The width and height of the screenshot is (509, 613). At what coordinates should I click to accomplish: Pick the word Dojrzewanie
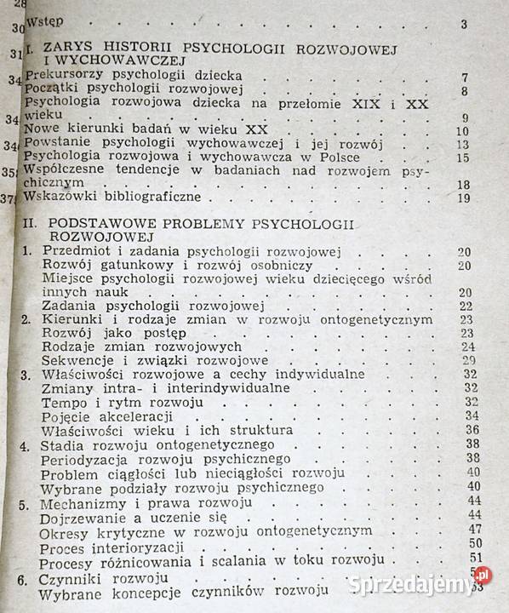89,515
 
